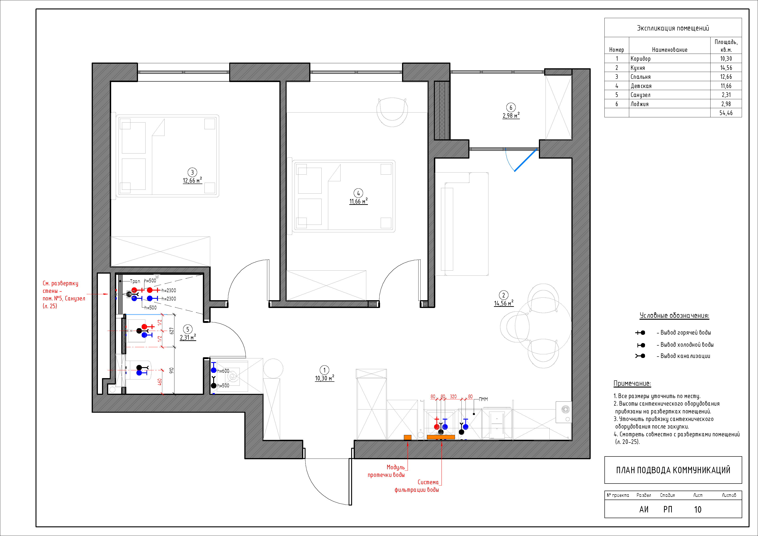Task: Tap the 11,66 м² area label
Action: pyautogui.click(x=358, y=201)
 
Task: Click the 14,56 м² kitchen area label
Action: pyautogui.click(x=504, y=303)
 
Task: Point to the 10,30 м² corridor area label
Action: pyautogui.click(x=325, y=378)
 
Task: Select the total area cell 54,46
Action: pyautogui.click(x=726, y=113)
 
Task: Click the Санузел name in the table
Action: pyautogui.click(x=640, y=95)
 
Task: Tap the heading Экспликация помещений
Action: pyautogui.click(x=673, y=28)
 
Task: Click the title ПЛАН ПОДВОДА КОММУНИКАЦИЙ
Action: pyautogui.click(x=673, y=470)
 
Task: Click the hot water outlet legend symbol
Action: pyautogui.click(x=640, y=333)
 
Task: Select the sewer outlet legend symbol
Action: pyautogui.click(x=640, y=356)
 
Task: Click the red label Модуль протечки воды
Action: pyautogui.click(x=386, y=471)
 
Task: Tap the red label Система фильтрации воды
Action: pyautogui.click(x=417, y=486)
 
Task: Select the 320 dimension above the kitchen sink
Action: pyautogui.click(x=453, y=396)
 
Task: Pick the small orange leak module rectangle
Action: pyautogui.click(x=407, y=437)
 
